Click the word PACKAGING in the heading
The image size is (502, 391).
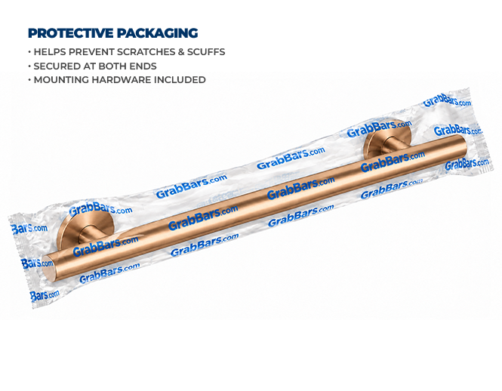[x=157, y=33]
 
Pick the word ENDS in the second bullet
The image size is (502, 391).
[x=143, y=66]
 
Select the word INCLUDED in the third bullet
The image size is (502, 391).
[x=180, y=80]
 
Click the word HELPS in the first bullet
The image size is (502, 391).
[x=50, y=52]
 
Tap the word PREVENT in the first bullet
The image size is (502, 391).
[x=91, y=52]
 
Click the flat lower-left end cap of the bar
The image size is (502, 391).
[x=49, y=269]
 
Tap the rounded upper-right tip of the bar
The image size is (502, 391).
[x=463, y=143]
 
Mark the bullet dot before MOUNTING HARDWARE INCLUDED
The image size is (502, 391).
[x=29, y=80]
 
